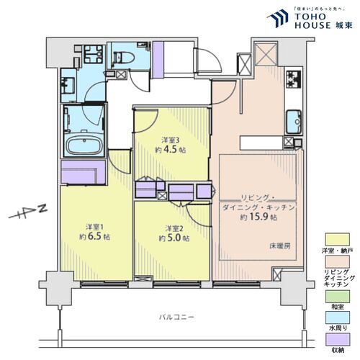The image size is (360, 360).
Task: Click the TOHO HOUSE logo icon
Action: [276, 19]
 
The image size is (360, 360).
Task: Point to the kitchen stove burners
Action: [294, 80]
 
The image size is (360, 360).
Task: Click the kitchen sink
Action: [294, 120]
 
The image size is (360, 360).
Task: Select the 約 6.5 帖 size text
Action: [94, 236]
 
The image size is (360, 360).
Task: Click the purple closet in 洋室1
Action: [83, 171]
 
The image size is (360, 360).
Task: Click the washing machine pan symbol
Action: [91, 54]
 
